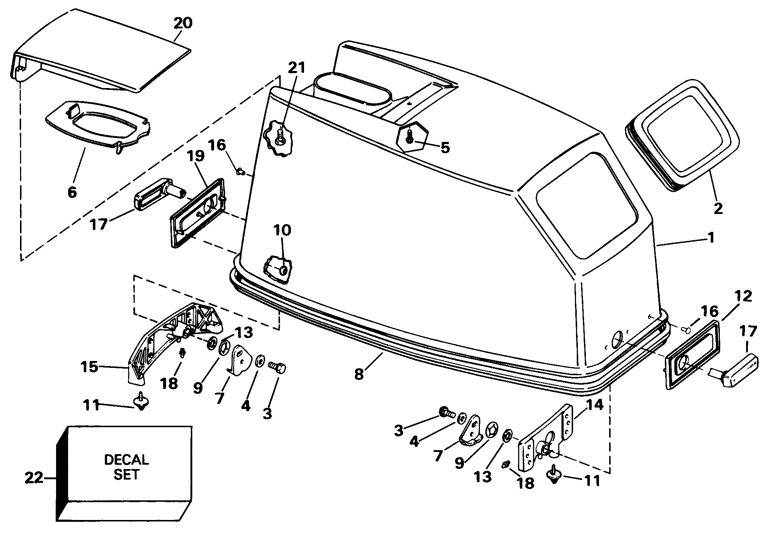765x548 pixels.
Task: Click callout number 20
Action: click(182, 23)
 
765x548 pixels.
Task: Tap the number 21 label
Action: click(296, 68)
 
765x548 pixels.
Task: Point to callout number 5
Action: click(445, 147)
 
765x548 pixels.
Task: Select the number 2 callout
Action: click(718, 209)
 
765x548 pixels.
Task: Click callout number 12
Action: click(743, 297)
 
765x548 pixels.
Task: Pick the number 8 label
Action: click(359, 374)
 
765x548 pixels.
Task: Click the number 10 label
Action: click(282, 230)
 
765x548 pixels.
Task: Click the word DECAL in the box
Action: click(126, 460)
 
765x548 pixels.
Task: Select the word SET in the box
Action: click(126, 475)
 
